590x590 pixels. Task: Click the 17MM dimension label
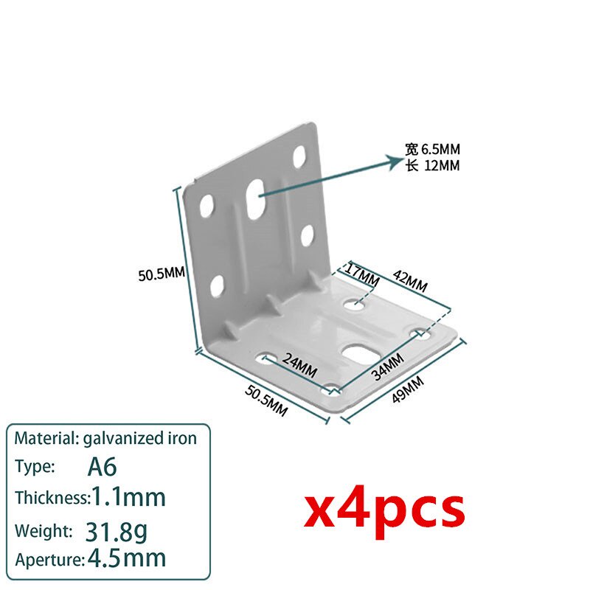click(362, 276)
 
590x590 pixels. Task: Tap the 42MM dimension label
click(410, 281)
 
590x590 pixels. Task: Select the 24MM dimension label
click(299, 365)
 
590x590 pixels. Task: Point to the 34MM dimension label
click(388, 367)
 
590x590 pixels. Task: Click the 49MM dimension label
click(408, 389)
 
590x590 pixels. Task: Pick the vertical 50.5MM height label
click(162, 274)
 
